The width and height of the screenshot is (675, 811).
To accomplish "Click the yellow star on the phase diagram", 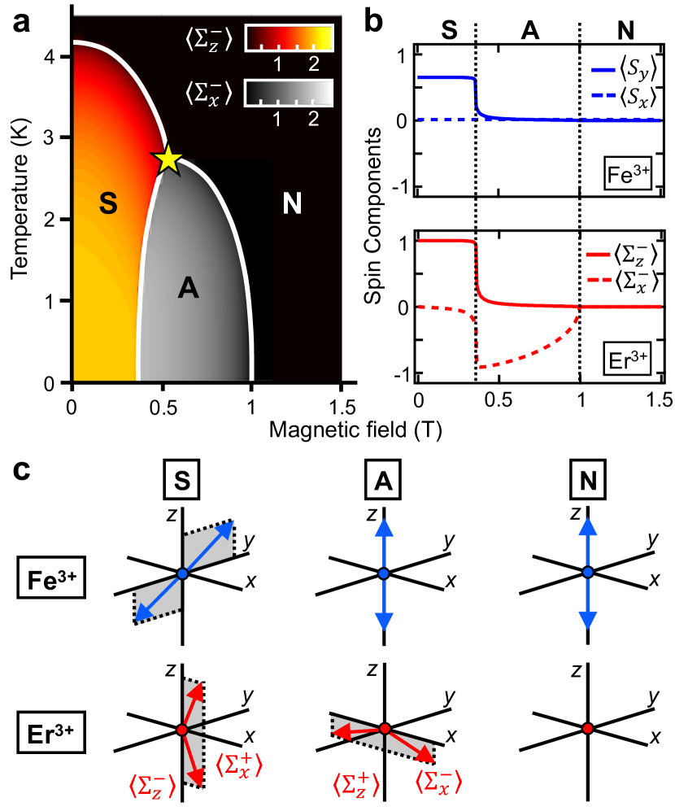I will (168, 159).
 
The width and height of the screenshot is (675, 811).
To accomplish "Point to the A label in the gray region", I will (189, 286).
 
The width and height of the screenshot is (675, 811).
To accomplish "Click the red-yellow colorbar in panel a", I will (290, 37).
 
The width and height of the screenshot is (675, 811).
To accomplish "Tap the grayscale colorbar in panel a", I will (290, 93).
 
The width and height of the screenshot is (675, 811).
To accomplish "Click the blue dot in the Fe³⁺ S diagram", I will (182, 574).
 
